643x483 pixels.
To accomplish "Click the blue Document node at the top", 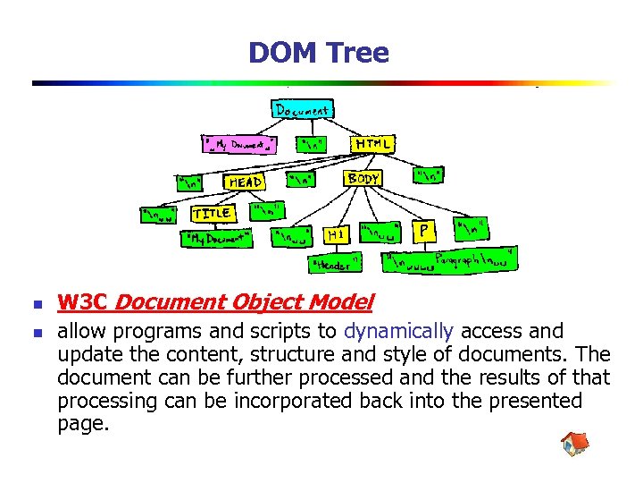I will click(302, 110).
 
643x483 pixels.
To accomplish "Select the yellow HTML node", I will click(373, 143).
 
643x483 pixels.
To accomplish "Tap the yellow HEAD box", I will click(246, 182).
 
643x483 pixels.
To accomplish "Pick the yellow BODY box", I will click(363, 179).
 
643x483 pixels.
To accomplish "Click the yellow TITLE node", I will click(213, 214).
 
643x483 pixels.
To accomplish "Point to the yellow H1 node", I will click(336, 234).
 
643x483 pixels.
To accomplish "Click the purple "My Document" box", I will click(239, 143).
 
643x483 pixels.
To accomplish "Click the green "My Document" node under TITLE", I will click(218, 239).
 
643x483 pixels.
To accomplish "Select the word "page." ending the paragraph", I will click(83, 424).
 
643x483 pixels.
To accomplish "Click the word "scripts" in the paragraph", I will click(261, 331).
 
